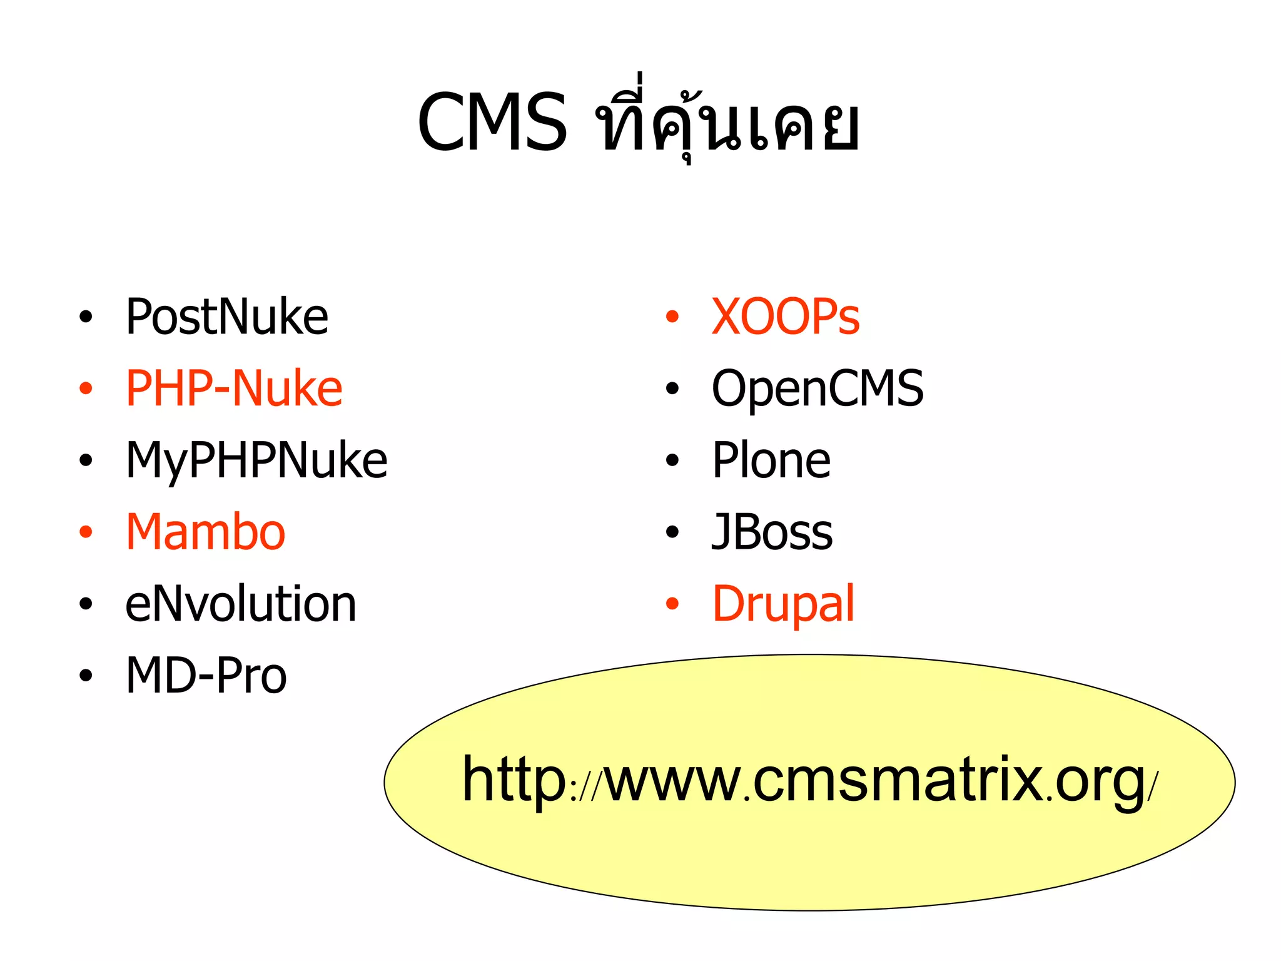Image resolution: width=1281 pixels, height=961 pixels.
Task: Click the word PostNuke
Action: pyautogui.click(x=226, y=317)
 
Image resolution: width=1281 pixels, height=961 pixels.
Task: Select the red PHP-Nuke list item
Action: pyautogui.click(x=234, y=389)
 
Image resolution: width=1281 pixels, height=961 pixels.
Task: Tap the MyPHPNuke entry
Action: pyautogui.click(x=256, y=461)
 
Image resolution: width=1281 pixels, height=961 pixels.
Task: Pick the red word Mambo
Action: pyautogui.click(x=206, y=532)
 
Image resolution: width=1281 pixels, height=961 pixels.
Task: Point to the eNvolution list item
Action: pyautogui.click(x=241, y=604)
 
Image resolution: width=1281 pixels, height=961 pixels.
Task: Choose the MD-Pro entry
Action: pyautogui.click(x=206, y=676)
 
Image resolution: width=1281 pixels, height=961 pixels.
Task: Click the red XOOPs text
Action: pyautogui.click(x=786, y=317)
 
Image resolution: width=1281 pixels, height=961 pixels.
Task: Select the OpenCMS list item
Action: pyautogui.click(x=818, y=389)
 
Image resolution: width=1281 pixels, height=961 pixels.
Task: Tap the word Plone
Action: pyautogui.click(x=771, y=461)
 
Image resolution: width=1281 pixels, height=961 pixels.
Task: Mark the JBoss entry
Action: pyautogui.click(x=772, y=532)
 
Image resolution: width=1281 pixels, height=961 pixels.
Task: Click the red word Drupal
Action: pyautogui.click(x=783, y=604)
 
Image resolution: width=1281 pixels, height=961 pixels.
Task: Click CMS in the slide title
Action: pyautogui.click(x=492, y=123)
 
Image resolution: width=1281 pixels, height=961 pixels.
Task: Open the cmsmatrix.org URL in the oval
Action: pyautogui.click(x=810, y=780)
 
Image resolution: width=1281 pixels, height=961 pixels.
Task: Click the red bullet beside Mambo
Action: pyautogui.click(x=86, y=532)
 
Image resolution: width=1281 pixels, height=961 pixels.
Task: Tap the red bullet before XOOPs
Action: pyautogui.click(x=672, y=317)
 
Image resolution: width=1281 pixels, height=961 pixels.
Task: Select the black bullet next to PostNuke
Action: pyautogui.click(x=86, y=317)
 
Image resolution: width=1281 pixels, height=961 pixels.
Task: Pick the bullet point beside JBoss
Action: pyautogui.click(x=672, y=532)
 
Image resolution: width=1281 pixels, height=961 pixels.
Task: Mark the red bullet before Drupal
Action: pyautogui.click(x=672, y=604)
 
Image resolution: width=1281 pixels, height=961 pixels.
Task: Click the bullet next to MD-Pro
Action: pyautogui.click(x=86, y=676)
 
